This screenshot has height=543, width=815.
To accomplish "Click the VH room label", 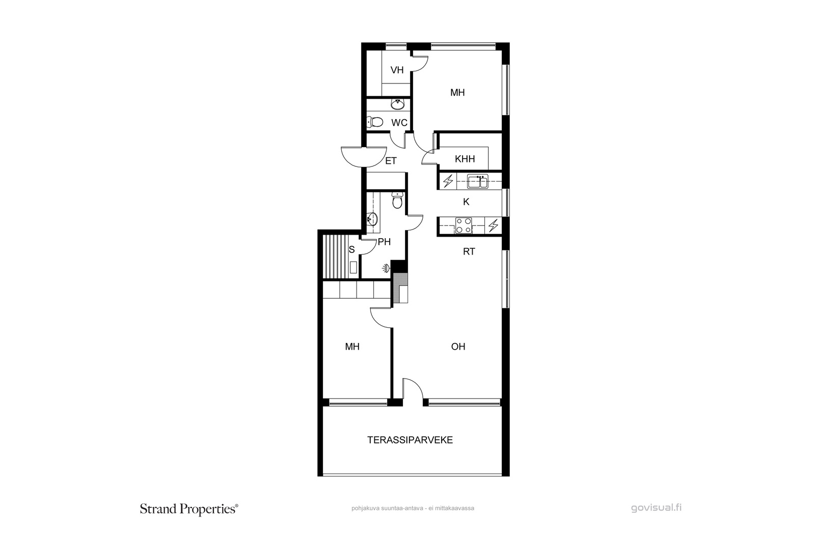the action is pos(397,70).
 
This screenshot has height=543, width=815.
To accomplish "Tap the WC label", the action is pos(399,123).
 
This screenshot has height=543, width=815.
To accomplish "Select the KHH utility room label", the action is pos(465,159).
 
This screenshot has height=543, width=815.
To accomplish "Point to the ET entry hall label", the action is pos(391,161).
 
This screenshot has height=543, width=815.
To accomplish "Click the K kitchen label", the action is pos(466,202).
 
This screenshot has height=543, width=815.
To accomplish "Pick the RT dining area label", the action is pos(469,251).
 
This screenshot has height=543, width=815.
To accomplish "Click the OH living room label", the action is pos(458,347).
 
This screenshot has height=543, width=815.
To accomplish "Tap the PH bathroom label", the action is pos(384,242).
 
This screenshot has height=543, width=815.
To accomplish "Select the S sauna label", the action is pos(351,250).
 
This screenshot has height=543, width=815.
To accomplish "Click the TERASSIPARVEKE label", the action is pos(410,440).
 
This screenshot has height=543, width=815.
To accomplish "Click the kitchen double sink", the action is pos(478,181).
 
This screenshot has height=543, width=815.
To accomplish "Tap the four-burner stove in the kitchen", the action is pos(464,225).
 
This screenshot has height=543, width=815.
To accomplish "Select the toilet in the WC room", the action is pos(375,122).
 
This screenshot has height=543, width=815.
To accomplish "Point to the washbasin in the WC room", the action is pos(397,104).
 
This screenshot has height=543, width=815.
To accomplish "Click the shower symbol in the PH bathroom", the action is pos(387,269).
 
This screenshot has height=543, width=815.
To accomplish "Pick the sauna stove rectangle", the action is pos(354,268).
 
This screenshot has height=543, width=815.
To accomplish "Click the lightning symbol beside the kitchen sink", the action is pos(448,181).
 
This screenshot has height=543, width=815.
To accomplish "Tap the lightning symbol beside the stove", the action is pos(494,225).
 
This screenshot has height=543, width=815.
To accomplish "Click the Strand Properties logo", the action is pos(189,509).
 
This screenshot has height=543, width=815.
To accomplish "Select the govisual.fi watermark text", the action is pos(657,508).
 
